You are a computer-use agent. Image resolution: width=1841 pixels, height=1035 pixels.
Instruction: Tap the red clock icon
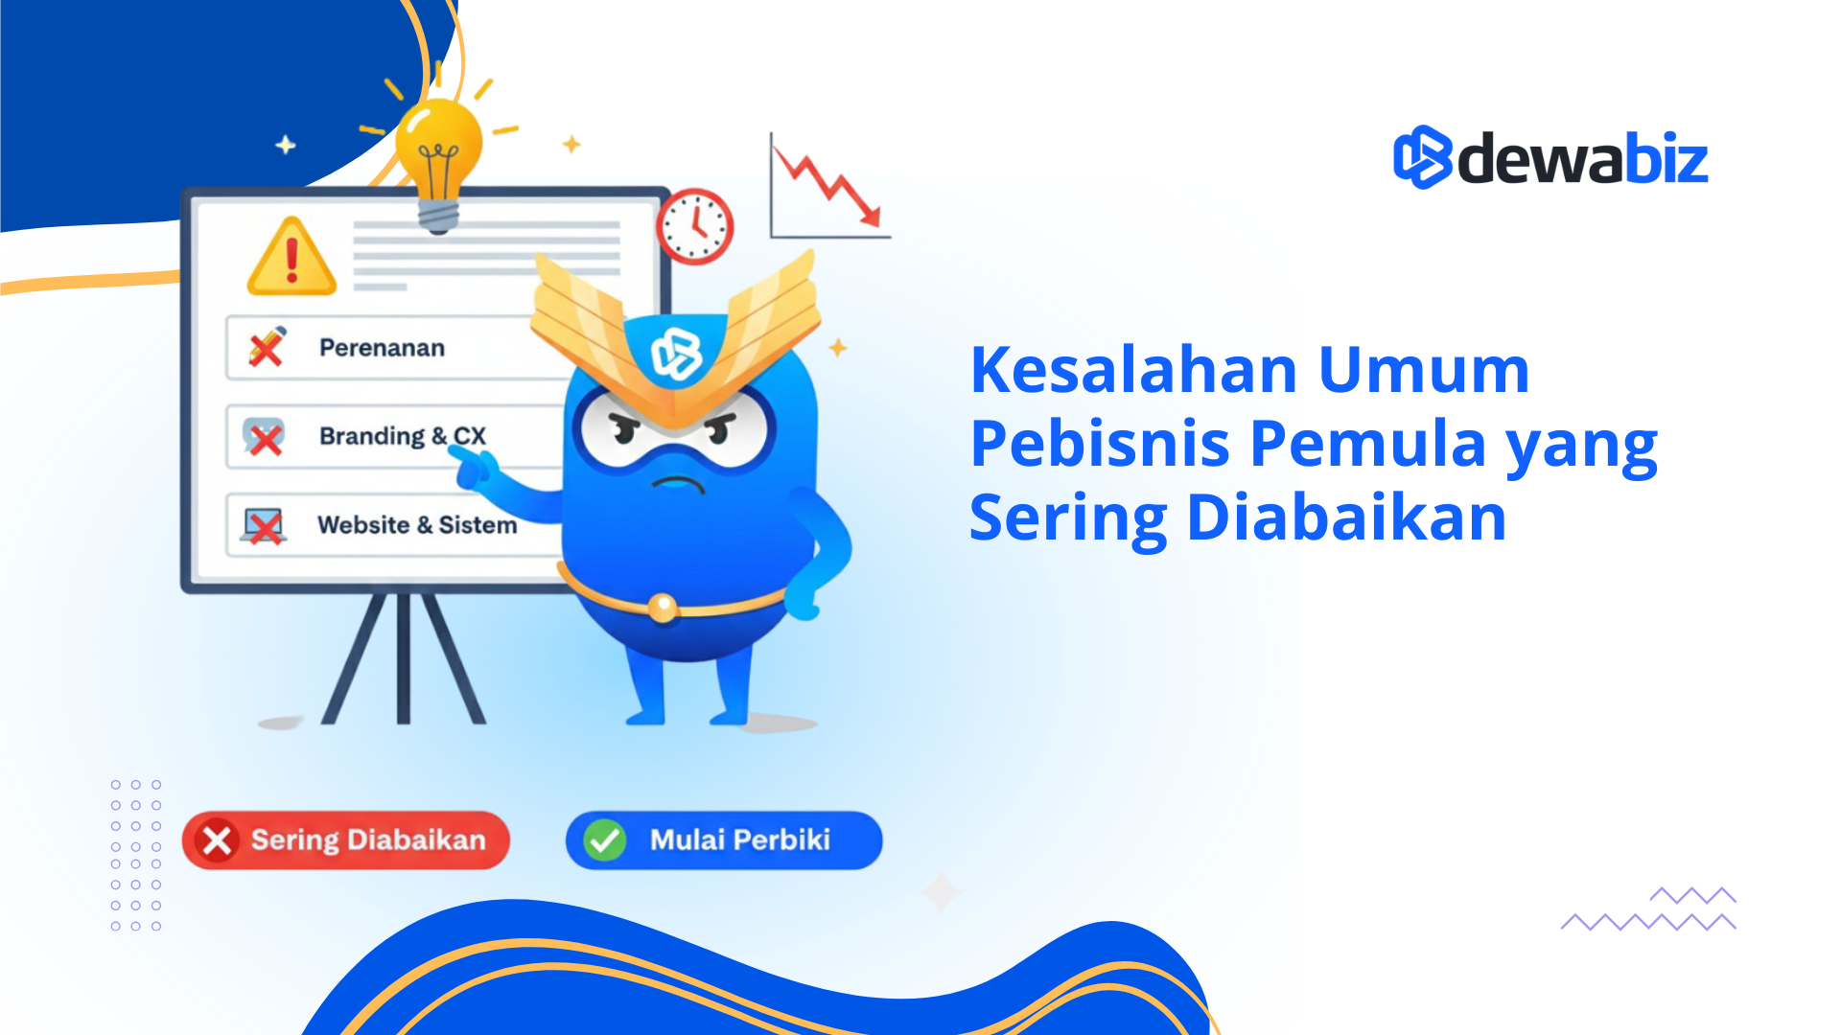pyautogui.click(x=695, y=226)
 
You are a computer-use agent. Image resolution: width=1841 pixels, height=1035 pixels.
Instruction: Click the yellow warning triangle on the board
pyautogui.click(x=291, y=258)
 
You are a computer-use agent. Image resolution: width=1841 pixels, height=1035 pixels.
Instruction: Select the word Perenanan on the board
pyautogui.click(x=382, y=348)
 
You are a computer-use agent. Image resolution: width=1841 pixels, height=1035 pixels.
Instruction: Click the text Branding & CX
pyautogui.click(x=403, y=436)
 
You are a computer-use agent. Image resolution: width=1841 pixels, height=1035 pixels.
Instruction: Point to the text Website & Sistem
pyautogui.click(x=417, y=525)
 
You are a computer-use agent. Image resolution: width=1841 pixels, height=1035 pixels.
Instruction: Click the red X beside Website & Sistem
pyautogui.click(x=263, y=525)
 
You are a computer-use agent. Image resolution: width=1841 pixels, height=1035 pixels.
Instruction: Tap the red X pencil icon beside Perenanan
pyautogui.click(x=267, y=347)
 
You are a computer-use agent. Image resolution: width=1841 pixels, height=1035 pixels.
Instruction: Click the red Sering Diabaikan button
pyautogui.click(x=346, y=840)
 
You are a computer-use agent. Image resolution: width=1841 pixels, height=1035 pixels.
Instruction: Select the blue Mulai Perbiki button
pyautogui.click(x=724, y=840)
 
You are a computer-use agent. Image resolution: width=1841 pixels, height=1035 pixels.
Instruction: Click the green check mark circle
pyautogui.click(x=605, y=840)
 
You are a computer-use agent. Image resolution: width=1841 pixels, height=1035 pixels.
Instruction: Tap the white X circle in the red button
pyautogui.click(x=218, y=840)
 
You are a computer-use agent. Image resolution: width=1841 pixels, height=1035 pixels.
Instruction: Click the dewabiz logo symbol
pyautogui.click(x=1421, y=157)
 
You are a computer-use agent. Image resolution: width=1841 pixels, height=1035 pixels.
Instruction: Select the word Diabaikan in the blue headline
pyautogui.click(x=1346, y=518)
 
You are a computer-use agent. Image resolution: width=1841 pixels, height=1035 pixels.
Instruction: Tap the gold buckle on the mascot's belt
pyautogui.click(x=662, y=607)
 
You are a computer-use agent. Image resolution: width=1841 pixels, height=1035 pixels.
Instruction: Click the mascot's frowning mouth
pyautogui.click(x=679, y=484)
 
